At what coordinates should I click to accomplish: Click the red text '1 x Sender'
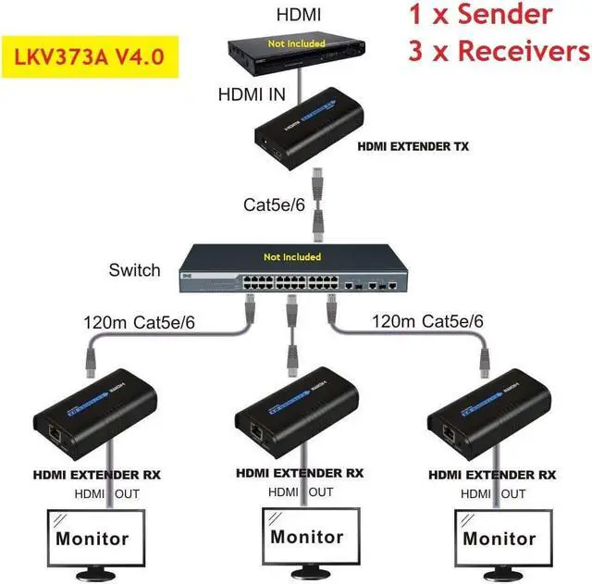(x=480, y=16)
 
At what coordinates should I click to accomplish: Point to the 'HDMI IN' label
(x=252, y=93)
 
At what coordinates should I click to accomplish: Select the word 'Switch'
(x=134, y=271)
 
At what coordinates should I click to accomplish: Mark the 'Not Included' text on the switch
(x=292, y=256)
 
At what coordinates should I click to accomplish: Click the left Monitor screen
(x=92, y=536)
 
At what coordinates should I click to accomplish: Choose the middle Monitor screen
(x=306, y=536)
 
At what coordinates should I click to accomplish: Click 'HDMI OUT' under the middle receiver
(x=295, y=493)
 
